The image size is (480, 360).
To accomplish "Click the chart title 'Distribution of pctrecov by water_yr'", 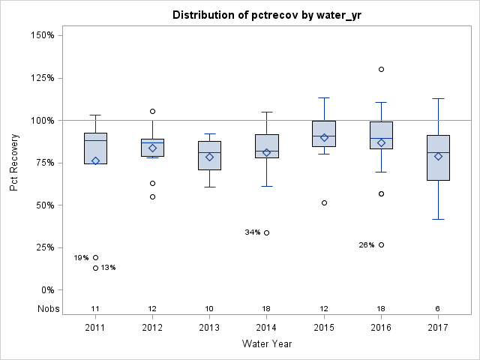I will pos(265,15).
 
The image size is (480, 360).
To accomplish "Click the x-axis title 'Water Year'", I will pos(266,343).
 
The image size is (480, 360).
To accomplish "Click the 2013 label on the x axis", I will pos(209,328).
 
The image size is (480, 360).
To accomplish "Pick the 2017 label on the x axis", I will pos(438,328).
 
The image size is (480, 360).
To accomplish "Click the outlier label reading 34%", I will pos(253,232).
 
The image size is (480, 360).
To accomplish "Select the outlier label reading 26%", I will pos(367,245).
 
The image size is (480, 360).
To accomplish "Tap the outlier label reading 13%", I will pos(108,268).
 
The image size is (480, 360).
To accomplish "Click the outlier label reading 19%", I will pos(81,258).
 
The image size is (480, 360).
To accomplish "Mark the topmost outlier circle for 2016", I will pos(381,69).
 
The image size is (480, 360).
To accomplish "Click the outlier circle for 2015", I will pos(324,202).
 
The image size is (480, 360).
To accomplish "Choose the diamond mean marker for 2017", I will pos(438,157).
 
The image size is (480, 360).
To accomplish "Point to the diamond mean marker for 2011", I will pos(95,160).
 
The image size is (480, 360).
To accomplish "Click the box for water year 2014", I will pos(267,145).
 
